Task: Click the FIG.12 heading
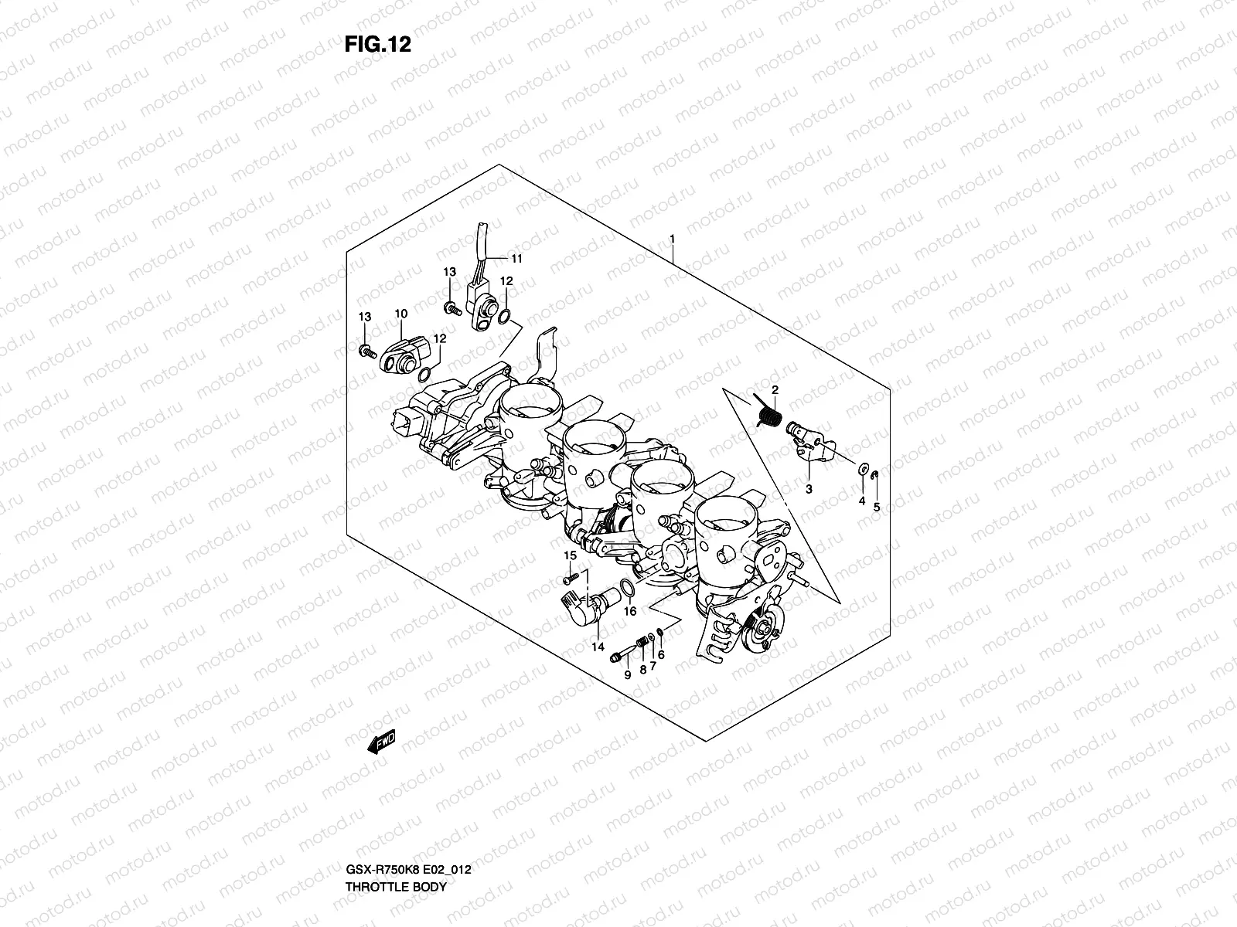[x=377, y=45]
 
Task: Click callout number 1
[x=673, y=174]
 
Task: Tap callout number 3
[x=809, y=489]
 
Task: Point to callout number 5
[x=876, y=507]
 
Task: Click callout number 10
[x=400, y=314]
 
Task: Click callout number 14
[x=598, y=647]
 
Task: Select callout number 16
[x=630, y=611]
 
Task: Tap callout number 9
[x=627, y=674]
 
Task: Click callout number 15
[x=570, y=555]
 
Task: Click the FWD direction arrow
[x=382, y=742]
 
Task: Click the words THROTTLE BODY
[x=395, y=844]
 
